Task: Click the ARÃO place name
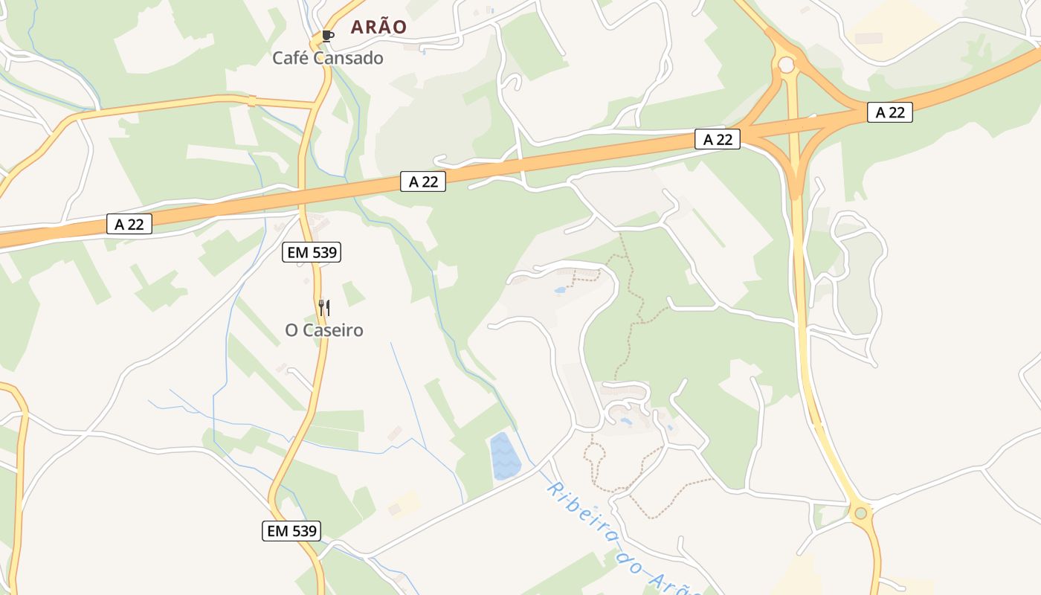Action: pyautogui.click(x=378, y=28)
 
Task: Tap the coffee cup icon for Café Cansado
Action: pyautogui.click(x=327, y=36)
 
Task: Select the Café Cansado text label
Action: pyautogui.click(x=328, y=58)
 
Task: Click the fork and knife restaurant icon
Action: pyautogui.click(x=324, y=308)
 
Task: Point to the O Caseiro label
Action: pyautogui.click(x=324, y=330)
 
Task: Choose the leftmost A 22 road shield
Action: pyautogui.click(x=129, y=224)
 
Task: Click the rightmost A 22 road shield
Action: pyautogui.click(x=889, y=112)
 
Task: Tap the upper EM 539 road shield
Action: pyautogui.click(x=312, y=252)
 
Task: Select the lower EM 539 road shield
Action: pyautogui.click(x=292, y=531)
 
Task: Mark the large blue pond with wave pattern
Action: pyautogui.click(x=504, y=455)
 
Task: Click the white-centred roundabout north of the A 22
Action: pyautogui.click(x=786, y=65)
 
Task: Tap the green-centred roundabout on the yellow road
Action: pyautogui.click(x=860, y=512)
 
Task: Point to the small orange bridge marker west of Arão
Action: pyautogui.click(x=251, y=100)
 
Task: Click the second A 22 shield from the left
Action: pyautogui.click(x=423, y=181)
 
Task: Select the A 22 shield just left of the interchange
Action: pyautogui.click(x=718, y=139)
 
